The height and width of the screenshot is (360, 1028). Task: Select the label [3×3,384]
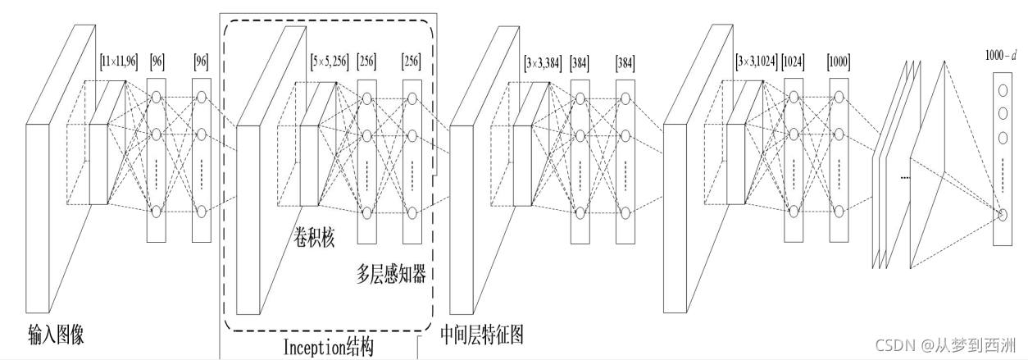click(543, 62)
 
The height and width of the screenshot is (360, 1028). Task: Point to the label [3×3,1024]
click(756, 62)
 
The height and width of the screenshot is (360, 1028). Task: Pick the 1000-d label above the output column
click(1001, 56)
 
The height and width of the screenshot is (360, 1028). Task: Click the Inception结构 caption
click(327, 348)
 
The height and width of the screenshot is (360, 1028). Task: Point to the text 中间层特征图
click(481, 334)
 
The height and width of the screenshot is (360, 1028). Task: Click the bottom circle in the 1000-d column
click(1002, 215)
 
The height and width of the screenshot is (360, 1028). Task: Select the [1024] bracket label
click(794, 62)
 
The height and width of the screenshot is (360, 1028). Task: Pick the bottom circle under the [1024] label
click(793, 212)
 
